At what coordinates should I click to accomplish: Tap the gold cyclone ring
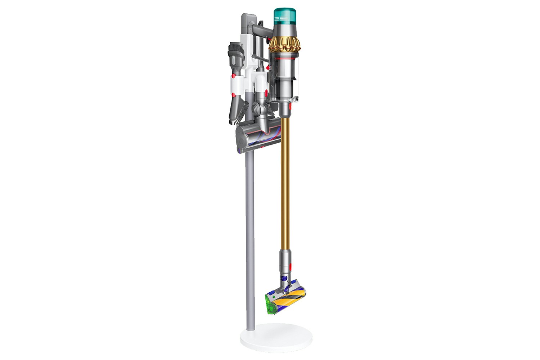[x=285, y=44]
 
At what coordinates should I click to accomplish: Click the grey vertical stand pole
[x=250, y=234]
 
